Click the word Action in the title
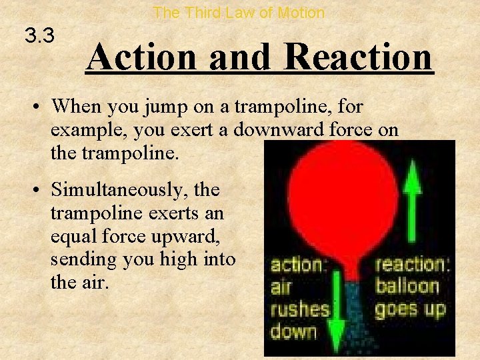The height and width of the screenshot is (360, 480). [143, 57]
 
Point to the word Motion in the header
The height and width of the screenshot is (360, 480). [301, 13]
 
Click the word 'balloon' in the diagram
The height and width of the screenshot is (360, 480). [407, 287]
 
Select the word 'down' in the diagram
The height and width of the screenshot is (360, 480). [293, 331]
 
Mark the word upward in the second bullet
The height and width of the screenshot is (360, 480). [194, 235]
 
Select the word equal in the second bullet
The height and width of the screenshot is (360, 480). [73, 235]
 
